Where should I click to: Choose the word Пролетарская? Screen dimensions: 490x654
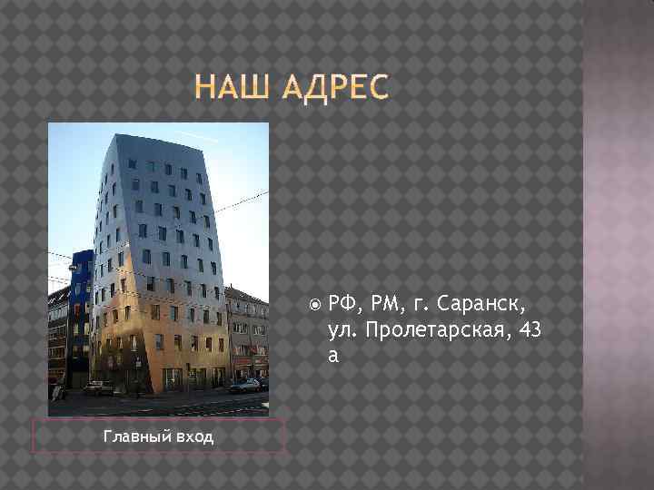(x=431, y=329)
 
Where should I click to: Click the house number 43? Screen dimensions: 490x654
(x=530, y=329)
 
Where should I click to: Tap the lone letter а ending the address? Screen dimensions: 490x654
(x=333, y=355)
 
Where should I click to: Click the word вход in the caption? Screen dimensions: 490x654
(x=194, y=437)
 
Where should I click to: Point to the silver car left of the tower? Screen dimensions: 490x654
(x=98, y=387)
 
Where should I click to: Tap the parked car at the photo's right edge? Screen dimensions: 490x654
(x=247, y=385)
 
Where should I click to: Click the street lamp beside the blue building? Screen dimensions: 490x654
(x=72, y=268)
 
